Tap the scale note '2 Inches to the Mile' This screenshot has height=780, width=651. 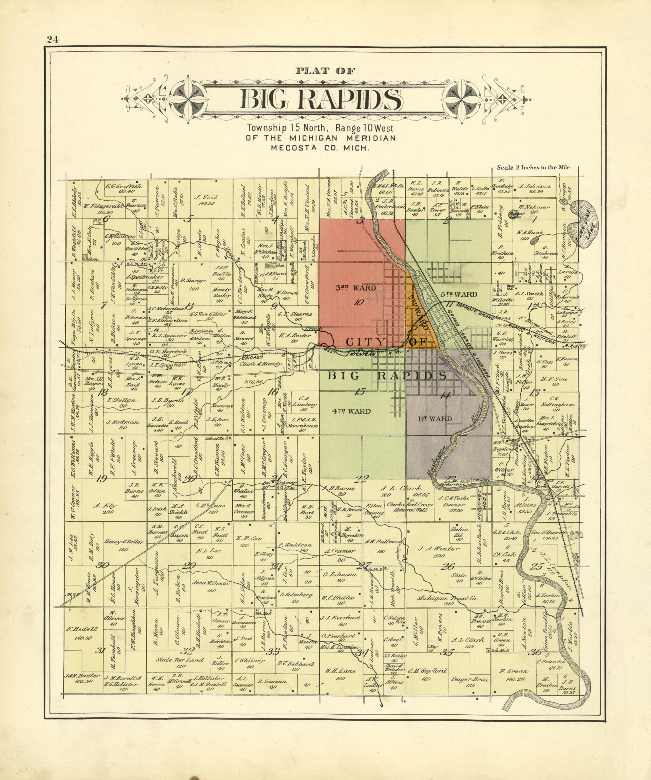[x=533, y=167]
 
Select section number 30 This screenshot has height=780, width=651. [x=102, y=576]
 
